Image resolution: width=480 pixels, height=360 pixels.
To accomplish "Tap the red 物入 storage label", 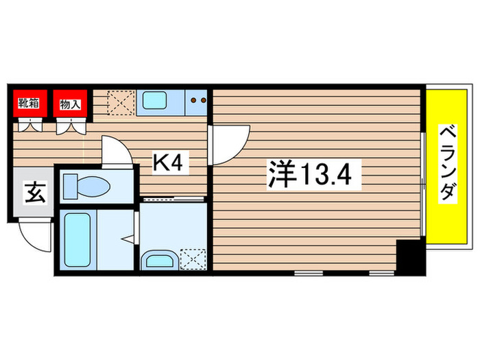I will point(71,104).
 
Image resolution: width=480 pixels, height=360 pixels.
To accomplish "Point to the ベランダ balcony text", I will point(447,163).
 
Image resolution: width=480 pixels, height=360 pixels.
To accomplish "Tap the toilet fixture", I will point(86,185).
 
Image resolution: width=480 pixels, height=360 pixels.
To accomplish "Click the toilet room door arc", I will point(115,151).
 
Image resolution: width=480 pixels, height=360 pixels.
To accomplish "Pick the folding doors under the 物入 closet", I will point(71,125).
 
